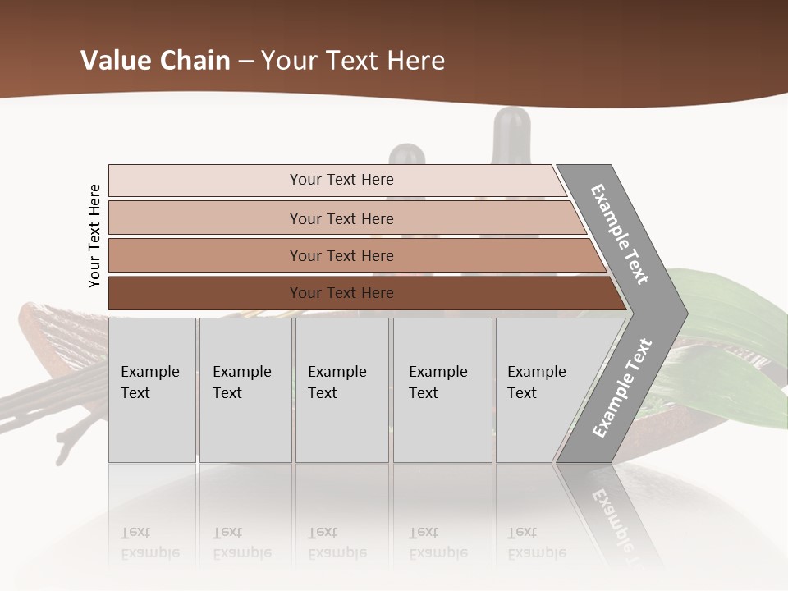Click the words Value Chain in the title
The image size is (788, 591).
pos(155,61)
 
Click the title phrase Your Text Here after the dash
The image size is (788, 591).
pos(353,61)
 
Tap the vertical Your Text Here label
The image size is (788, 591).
pos(94,236)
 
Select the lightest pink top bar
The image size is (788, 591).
pos(341,180)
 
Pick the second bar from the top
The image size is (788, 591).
pos(341,218)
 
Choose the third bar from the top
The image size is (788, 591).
pos(341,255)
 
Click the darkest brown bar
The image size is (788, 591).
pos(341,293)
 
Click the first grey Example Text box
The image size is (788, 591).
pos(152,390)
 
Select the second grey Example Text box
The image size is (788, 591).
pos(245,390)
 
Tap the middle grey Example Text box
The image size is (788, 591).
pos(341,390)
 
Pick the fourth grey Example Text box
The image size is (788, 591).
pos(442,390)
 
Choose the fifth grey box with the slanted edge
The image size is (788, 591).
pos(542,390)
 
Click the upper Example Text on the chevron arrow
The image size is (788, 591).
pos(621,235)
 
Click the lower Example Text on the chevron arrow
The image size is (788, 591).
pos(623,388)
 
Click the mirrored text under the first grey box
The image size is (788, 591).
pos(150,543)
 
